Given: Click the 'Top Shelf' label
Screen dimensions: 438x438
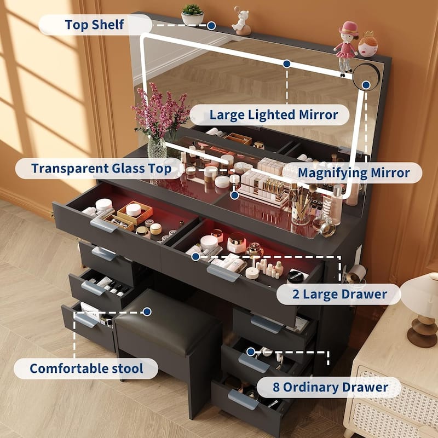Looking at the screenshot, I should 95,25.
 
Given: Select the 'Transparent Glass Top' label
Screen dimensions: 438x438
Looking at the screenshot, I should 100,168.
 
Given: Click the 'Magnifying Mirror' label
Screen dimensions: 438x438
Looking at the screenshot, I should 354,173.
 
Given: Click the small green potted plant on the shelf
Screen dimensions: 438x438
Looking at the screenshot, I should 192,15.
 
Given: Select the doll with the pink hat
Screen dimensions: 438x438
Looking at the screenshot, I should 347,47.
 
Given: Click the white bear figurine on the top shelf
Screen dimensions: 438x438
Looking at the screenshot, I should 241,20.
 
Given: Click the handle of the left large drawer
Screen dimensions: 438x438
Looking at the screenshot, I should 104,224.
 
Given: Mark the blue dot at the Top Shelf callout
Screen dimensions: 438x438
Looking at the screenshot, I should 211,25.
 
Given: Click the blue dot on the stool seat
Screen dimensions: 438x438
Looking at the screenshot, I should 147,312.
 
